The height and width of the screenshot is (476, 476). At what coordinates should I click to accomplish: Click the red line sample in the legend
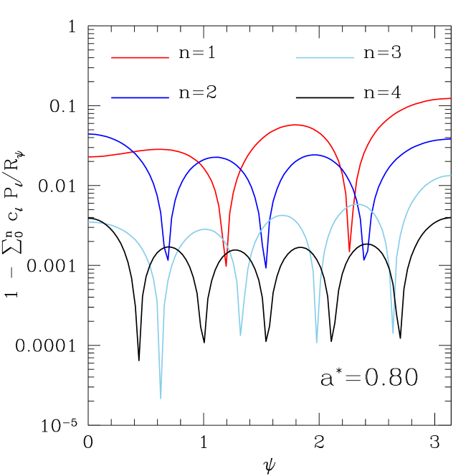click(x=140, y=57)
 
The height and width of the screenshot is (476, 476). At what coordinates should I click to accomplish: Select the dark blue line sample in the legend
click(x=140, y=97)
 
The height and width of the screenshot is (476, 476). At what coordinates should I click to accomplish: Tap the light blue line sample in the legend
click(x=324, y=57)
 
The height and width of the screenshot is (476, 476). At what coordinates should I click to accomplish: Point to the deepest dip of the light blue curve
click(x=161, y=396)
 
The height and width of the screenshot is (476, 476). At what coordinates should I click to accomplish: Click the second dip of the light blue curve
click(x=240, y=334)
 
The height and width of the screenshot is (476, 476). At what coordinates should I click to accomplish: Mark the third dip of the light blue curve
click(x=317, y=341)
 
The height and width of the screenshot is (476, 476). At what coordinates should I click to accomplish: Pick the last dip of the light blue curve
click(x=393, y=333)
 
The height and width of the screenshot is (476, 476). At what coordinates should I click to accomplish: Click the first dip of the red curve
click(x=226, y=265)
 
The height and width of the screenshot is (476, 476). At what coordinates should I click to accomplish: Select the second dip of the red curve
click(x=350, y=251)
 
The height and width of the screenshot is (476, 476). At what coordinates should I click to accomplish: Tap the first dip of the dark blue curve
click(x=168, y=260)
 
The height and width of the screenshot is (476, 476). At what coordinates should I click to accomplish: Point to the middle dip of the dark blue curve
click(x=266, y=268)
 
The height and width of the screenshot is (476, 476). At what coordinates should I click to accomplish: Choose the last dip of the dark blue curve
click(x=364, y=260)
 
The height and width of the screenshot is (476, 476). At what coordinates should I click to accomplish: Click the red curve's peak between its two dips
click(x=295, y=125)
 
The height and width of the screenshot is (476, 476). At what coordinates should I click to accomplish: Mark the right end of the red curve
click(x=450, y=98)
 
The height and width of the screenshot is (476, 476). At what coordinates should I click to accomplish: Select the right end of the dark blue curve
click(x=450, y=139)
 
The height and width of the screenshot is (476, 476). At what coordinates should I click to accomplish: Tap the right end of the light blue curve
click(x=450, y=176)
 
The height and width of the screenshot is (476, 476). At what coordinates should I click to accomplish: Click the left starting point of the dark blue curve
click(x=89, y=134)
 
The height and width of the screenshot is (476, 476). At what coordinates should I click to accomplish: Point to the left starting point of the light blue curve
click(x=89, y=222)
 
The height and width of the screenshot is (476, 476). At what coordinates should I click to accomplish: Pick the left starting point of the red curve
click(x=89, y=156)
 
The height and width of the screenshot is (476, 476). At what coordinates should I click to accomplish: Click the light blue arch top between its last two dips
click(x=357, y=204)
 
